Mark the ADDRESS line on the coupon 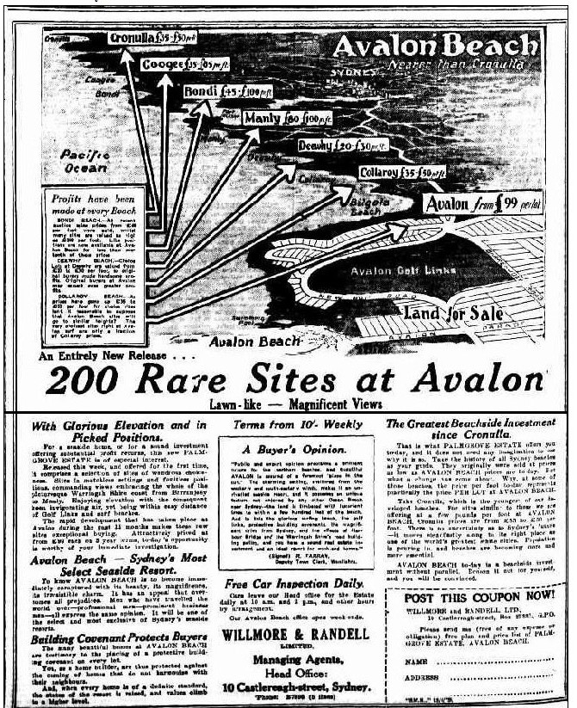[x=466, y=678]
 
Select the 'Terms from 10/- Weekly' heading [x=287, y=423]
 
